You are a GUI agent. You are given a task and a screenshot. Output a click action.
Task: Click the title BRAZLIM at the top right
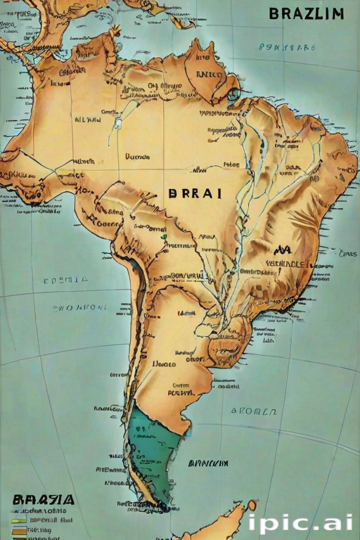coord(306,14)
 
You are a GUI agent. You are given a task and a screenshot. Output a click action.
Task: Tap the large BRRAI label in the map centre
coord(195,194)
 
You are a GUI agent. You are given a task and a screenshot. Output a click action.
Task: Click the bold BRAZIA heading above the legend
coord(43,500)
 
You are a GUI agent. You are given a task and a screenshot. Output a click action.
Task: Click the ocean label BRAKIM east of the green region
coord(208,463)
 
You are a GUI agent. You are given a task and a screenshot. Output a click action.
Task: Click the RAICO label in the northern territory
coord(209,73)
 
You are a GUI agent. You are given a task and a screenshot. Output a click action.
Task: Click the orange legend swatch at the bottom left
coord(19,531)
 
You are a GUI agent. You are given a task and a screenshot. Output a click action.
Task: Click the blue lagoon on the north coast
coord(232,95)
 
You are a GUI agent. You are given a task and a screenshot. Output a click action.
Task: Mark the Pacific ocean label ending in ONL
coord(81,307)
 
